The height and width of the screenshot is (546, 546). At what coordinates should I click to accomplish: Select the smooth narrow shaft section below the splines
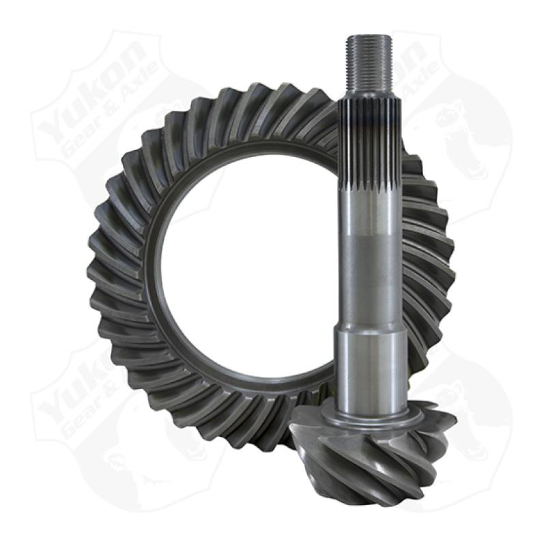(371, 266)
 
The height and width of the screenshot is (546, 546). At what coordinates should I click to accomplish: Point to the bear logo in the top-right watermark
(471, 130)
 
